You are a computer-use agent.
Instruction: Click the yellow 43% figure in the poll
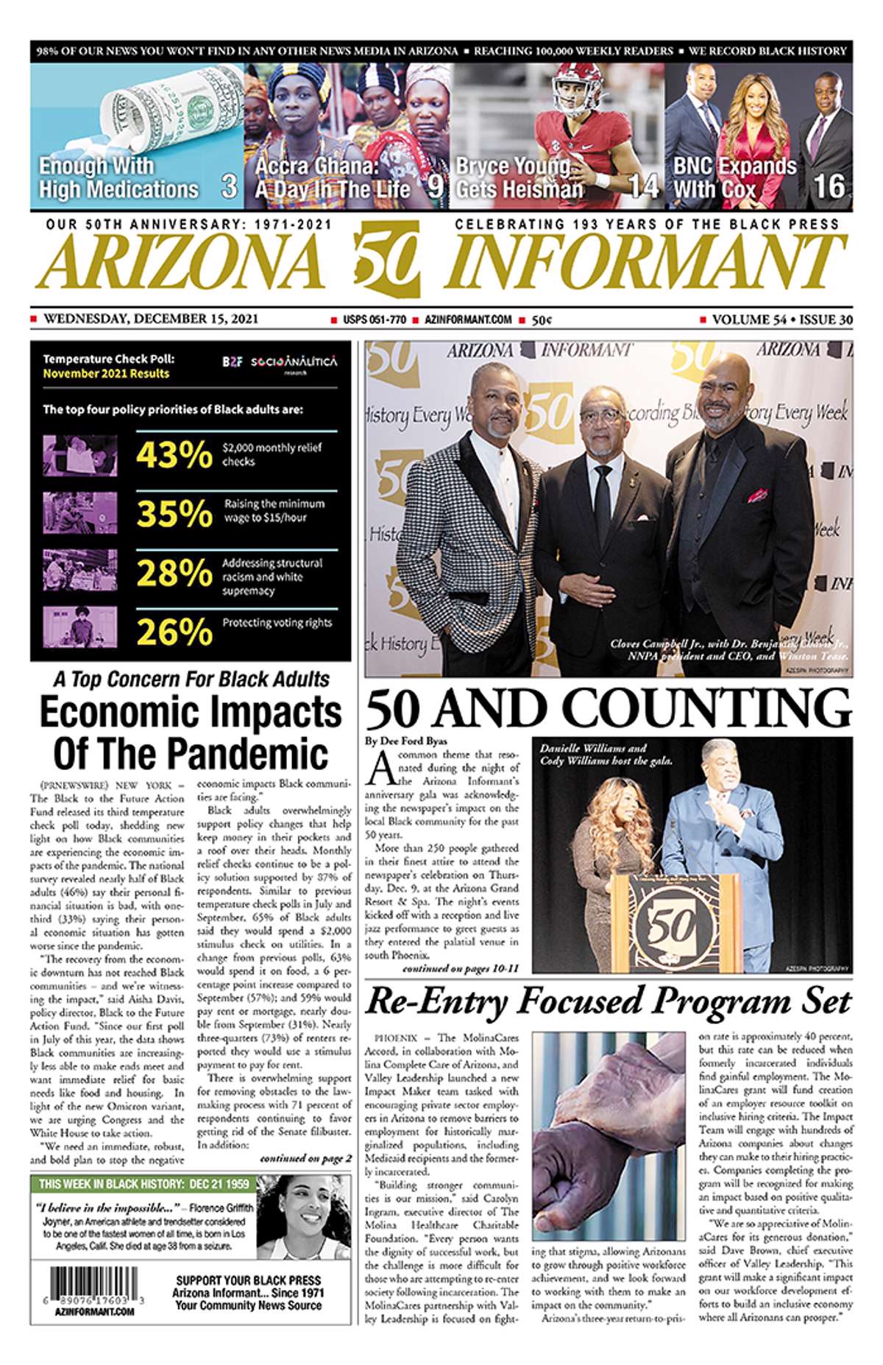click(174, 454)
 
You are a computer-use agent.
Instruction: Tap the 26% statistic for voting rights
click(174, 631)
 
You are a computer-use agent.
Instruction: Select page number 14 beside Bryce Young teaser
click(642, 186)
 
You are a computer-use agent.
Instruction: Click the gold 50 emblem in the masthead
click(387, 259)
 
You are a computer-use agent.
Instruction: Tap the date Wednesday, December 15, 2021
click(151, 319)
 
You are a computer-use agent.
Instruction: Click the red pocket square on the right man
click(757, 495)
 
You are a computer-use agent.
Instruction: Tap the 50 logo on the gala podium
click(670, 925)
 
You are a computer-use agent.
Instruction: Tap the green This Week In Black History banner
click(144, 1185)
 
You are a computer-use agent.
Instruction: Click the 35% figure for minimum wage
click(174, 513)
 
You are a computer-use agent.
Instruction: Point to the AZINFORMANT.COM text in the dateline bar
click(468, 320)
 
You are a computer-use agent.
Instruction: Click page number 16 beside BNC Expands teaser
click(828, 186)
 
